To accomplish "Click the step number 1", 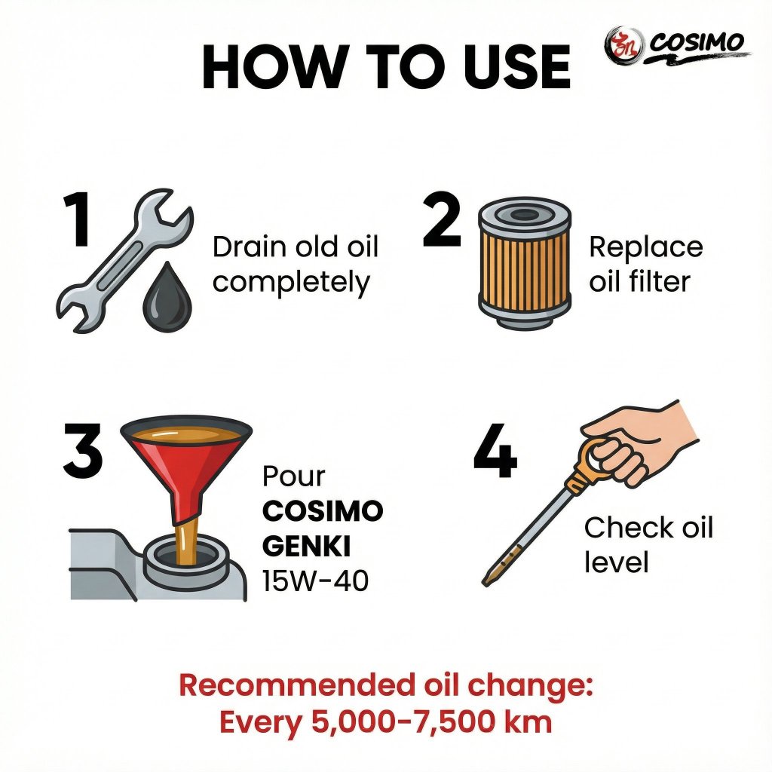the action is coord(78,219).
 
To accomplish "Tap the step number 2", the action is coord(442,219).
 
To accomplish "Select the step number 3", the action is coord(83,451).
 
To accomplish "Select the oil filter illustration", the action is coord(525,263).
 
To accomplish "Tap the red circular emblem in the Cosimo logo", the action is coord(624,46).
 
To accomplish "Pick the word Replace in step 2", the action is coord(646,247).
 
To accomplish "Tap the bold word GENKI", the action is coord(306,546).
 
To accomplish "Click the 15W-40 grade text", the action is coord(315,581).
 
